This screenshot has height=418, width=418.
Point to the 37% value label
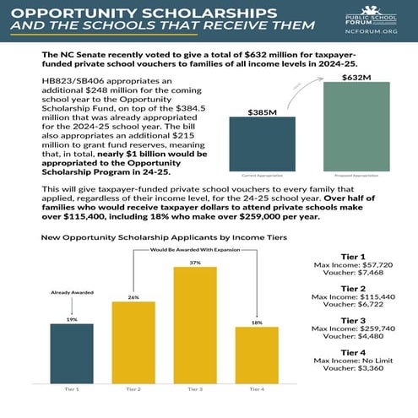point(195,263)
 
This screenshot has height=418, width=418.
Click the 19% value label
point(72,320)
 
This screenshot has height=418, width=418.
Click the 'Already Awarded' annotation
point(72,291)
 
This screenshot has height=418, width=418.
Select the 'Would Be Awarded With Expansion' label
point(196,250)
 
